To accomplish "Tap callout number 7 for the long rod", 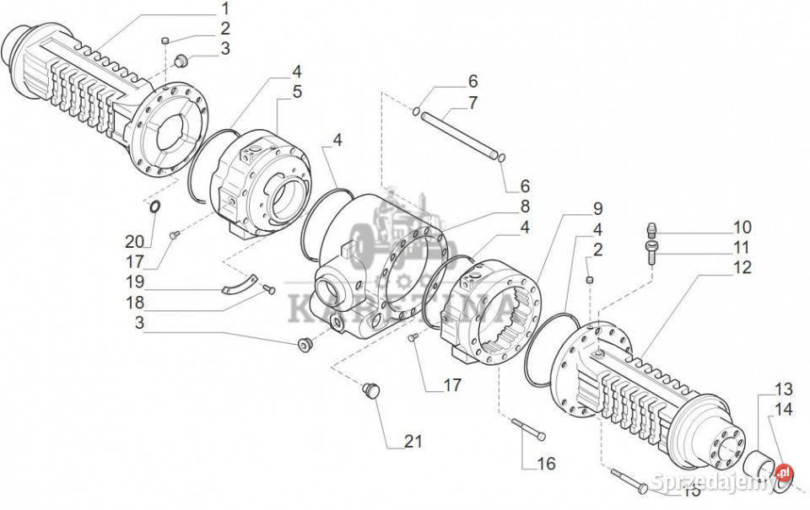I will click(x=472, y=103).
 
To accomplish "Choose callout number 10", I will click(x=741, y=227).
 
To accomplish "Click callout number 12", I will click(x=741, y=269).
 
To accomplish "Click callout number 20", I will click(x=135, y=242).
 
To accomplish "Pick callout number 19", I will click(x=135, y=281).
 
